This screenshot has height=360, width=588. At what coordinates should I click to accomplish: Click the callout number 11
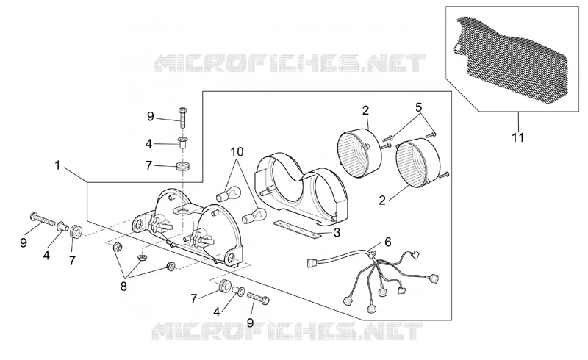point(518,137)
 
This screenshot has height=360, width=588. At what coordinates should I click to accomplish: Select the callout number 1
point(57,165)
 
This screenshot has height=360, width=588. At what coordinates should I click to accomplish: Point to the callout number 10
point(237,152)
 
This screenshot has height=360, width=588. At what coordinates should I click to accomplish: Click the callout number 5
point(418,107)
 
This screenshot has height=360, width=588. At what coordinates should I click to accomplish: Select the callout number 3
point(337,232)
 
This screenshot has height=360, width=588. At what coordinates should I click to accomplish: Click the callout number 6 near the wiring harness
point(388,242)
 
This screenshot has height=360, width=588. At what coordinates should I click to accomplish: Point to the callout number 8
point(123,287)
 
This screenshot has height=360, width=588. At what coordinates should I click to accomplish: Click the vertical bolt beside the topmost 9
point(182,118)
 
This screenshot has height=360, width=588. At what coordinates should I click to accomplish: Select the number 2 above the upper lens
point(365,110)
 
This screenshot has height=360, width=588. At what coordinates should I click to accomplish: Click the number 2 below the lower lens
point(382,201)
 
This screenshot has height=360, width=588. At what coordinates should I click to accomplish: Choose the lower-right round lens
point(418,162)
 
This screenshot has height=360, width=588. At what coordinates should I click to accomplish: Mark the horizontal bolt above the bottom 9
point(259,298)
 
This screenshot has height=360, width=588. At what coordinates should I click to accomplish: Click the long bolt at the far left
point(42,219)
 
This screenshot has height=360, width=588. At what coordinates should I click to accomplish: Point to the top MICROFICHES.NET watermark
point(290,63)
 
